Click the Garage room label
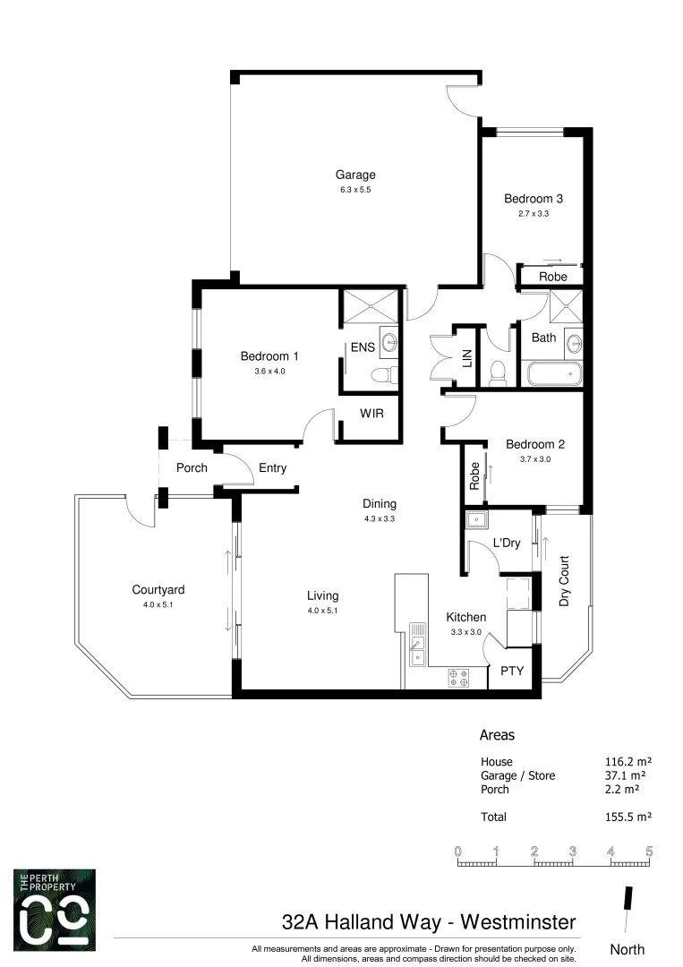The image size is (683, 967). click(x=355, y=175)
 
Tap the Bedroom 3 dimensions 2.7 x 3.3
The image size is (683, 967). click(x=533, y=214)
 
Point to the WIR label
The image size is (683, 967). click(x=372, y=414)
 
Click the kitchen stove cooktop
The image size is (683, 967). click(x=458, y=677)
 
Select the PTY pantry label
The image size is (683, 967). click(x=512, y=671)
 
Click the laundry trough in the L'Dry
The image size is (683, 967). click(x=475, y=519)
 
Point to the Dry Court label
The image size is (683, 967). click(x=565, y=582)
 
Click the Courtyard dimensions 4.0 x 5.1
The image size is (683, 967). click(x=158, y=604)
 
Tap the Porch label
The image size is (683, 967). click(x=192, y=467)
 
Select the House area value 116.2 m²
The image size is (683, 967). click(x=627, y=762)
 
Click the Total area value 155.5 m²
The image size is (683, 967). click(x=627, y=817)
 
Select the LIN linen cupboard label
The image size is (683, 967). click(x=466, y=359)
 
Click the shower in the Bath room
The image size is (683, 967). click(x=567, y=307)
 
